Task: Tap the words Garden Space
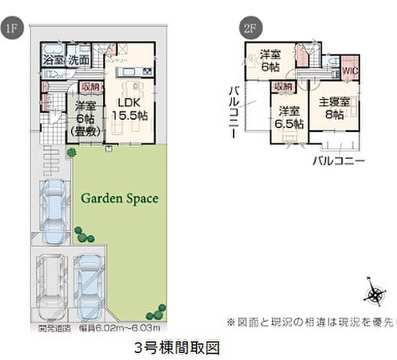(119, 199)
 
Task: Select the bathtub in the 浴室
(51, 49)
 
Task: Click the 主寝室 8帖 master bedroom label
(334, 108)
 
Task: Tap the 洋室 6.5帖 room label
(289, 117)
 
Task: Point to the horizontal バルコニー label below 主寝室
(338, 160)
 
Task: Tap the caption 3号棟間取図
(177, 348)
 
